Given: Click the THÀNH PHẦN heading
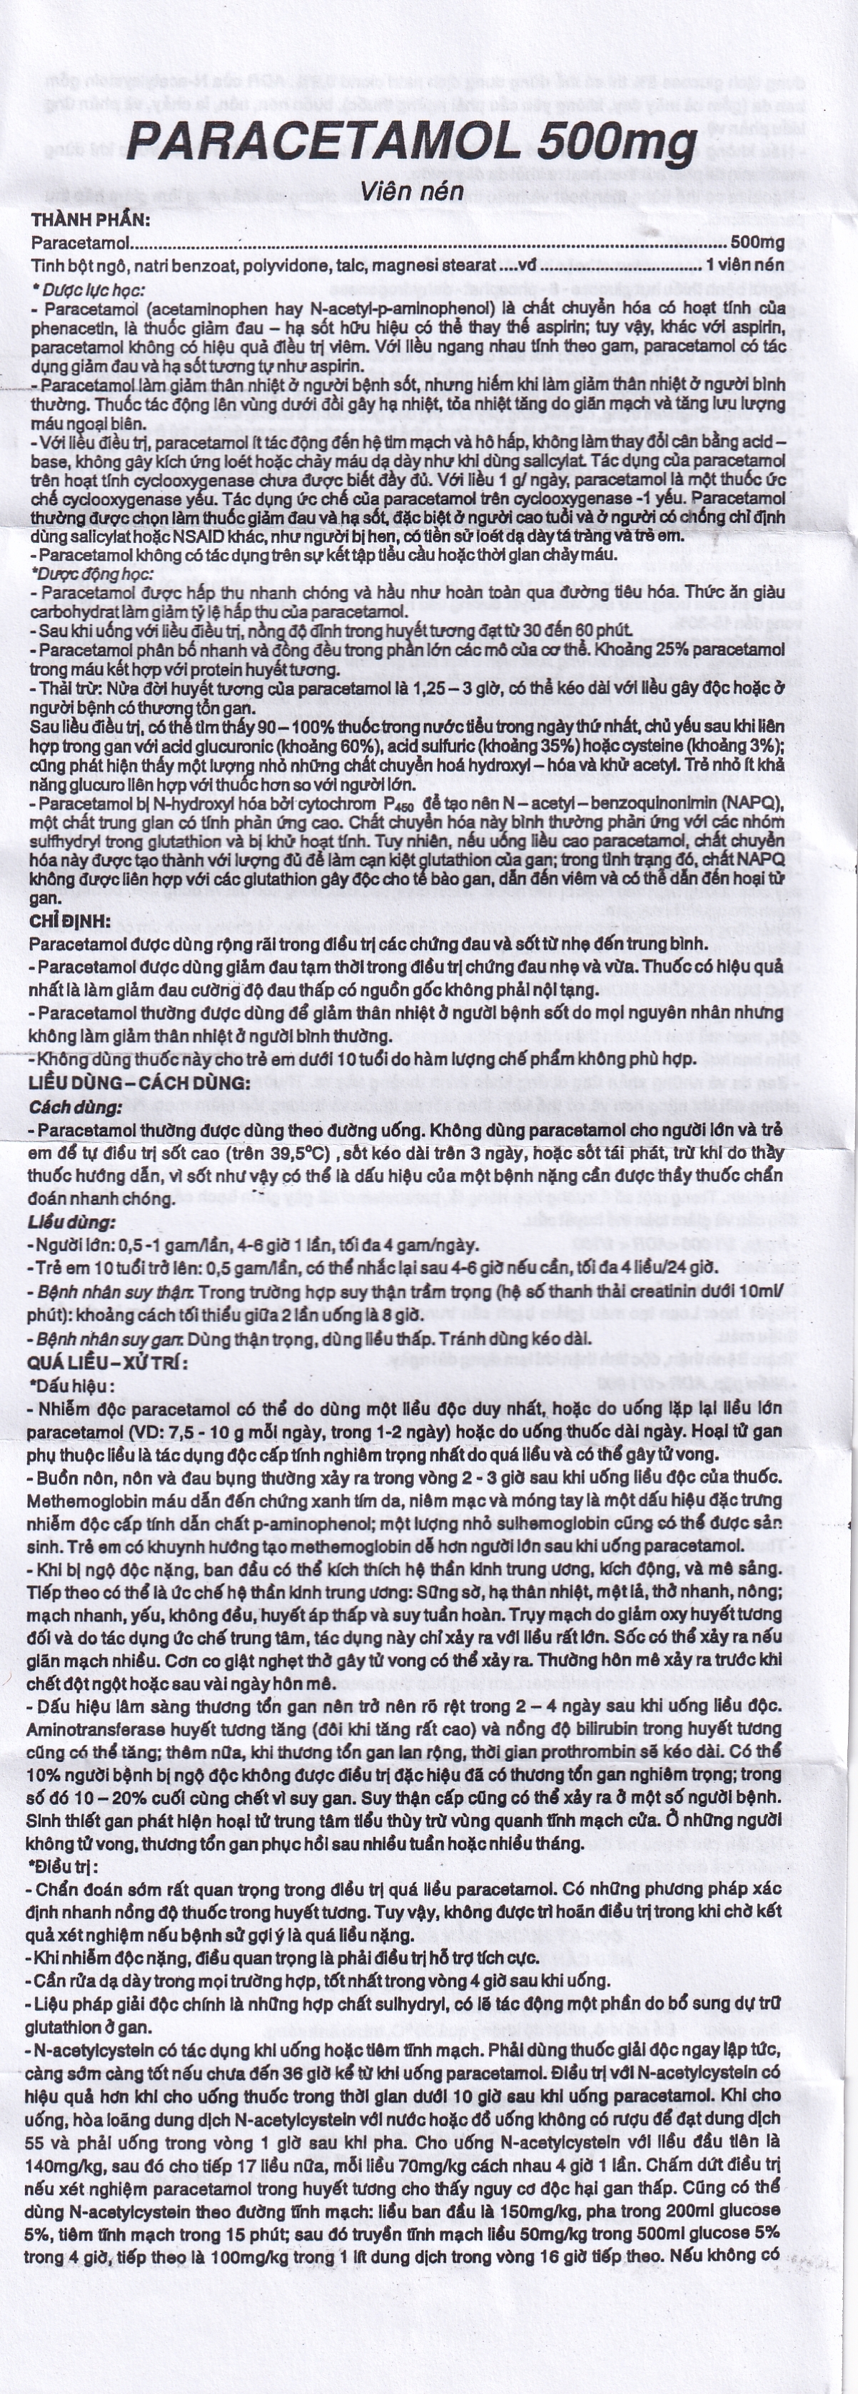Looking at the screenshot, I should click(x=90, y=220).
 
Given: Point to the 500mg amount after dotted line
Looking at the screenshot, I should click(x=757, y=243).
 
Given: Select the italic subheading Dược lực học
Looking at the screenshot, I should click(x=89, y=290).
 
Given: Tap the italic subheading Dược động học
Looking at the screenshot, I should click(x=91, y=574).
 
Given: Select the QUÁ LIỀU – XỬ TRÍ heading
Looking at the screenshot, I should click(x=108, y=1362).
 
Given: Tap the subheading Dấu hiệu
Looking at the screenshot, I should click(x=74, y=1385).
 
